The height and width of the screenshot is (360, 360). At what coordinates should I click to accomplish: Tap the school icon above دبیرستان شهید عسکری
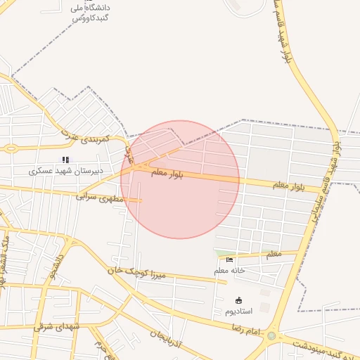coord(66,160)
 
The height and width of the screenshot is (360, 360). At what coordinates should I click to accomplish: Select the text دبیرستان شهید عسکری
coord(66,170)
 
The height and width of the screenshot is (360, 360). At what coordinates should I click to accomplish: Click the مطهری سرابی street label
coord(99,198)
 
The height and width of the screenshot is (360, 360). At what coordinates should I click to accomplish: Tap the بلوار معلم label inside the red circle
coord(167,173)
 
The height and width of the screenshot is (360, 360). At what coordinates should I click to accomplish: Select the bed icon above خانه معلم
coord(229,260)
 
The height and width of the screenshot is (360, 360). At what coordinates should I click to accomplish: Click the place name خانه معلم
coord(229,271)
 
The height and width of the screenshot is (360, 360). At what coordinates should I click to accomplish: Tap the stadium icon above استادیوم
coord(238,300)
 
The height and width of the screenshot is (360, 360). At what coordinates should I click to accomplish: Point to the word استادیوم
coord(238,311)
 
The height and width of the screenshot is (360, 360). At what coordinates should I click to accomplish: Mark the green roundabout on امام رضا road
coord(271,336)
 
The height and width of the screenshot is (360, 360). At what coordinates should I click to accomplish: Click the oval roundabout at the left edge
coord(11,148)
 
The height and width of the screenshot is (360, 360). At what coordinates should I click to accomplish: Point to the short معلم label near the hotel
coord(274,253)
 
